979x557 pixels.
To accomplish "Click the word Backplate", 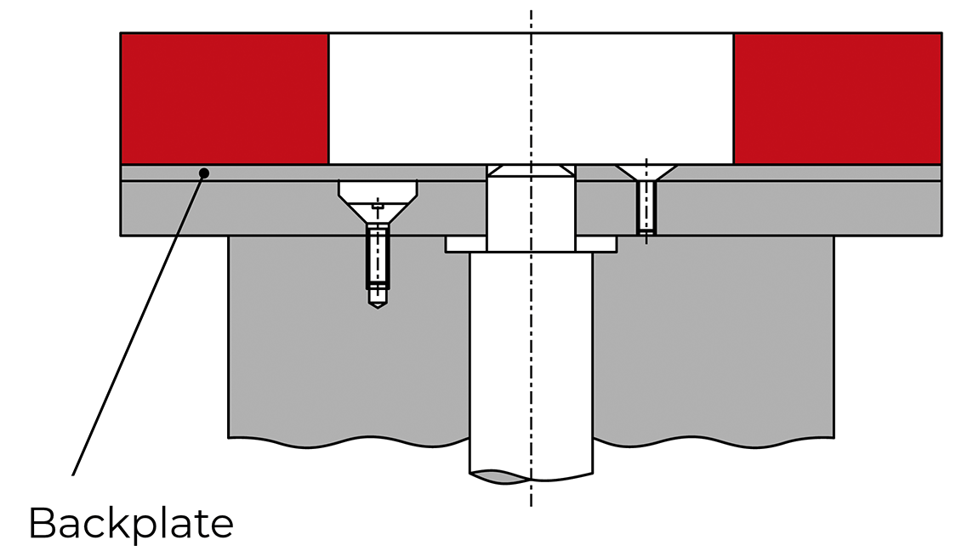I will coord(131,523).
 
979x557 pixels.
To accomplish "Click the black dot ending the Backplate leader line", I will coord(204,173).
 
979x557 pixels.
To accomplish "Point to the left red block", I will coord(224,98).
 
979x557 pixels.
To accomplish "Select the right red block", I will coord(837,98).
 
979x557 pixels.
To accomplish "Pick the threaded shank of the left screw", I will coord(378,255).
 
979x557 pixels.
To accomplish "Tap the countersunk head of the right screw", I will coord(646,171).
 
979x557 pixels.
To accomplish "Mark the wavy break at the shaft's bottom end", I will coord(531,475).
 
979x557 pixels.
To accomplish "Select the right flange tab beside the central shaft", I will coord(596,244).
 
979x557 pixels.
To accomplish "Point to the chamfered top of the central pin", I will coord(531,171).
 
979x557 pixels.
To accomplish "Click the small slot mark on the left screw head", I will coord(378,206).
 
